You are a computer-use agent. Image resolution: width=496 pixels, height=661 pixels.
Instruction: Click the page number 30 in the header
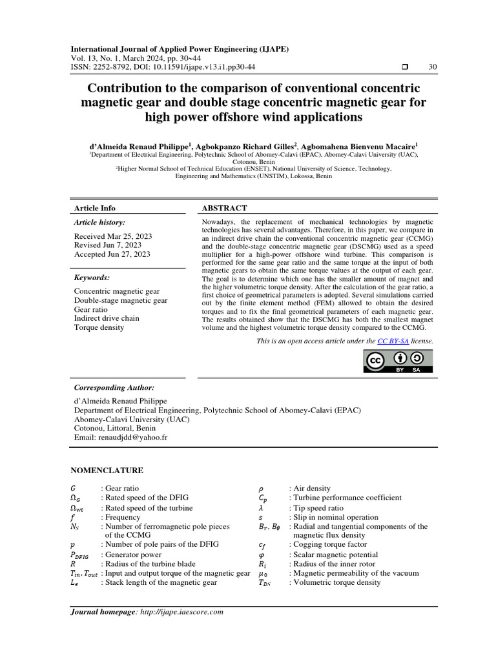[432, 68]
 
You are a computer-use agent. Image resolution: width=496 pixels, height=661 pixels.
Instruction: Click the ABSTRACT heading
[224, 208]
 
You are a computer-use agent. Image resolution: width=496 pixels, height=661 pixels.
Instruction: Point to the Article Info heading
[95, 208]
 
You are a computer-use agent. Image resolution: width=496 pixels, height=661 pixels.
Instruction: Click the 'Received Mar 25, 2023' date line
[113, 236]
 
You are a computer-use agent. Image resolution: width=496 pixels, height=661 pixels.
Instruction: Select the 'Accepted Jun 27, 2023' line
[112, 254]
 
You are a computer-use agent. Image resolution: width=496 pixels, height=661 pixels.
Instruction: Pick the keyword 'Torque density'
[99, 327]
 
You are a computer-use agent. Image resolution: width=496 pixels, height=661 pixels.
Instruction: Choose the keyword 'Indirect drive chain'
[107, 318]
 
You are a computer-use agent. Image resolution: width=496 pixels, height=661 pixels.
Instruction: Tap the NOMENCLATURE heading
[107, 471]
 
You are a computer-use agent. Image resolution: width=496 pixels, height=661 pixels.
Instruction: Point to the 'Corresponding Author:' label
[114, 387]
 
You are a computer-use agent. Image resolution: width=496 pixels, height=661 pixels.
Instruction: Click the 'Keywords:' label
[92, 278]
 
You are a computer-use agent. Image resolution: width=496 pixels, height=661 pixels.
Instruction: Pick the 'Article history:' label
[100, 222]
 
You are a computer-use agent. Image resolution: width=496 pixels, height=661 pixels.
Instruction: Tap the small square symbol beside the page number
[405, 68]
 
